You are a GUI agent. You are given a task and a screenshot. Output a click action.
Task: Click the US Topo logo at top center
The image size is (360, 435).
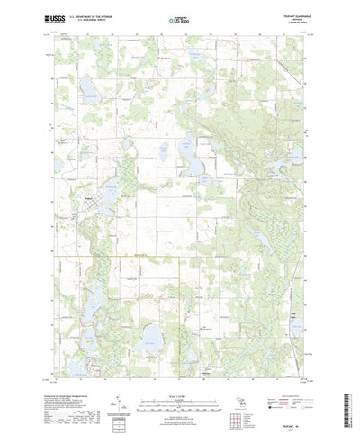coord(178,18)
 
